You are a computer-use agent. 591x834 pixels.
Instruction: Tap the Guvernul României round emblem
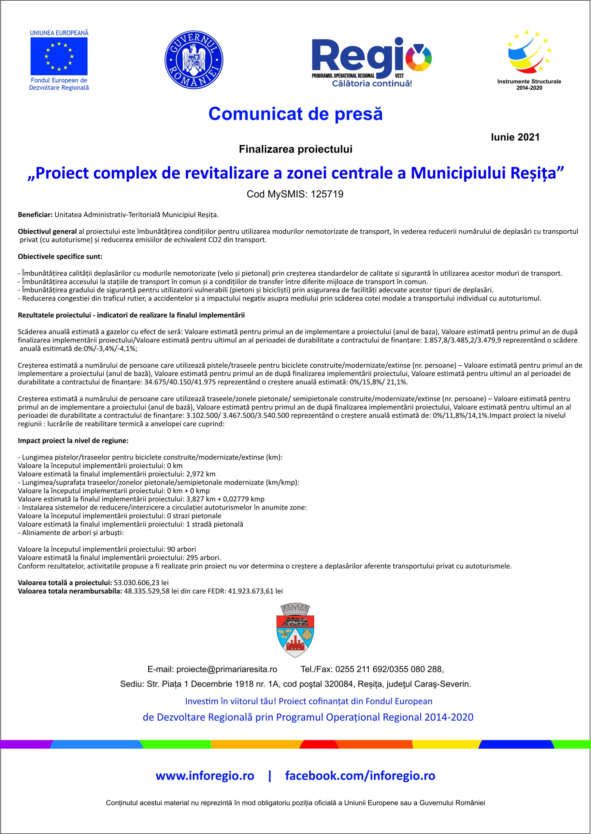coord(194,60)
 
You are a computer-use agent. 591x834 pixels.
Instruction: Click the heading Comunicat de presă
coord(295,114)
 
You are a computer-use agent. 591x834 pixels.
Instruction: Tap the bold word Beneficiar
coord(35,215)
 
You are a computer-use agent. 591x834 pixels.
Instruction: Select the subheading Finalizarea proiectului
coord(295,149)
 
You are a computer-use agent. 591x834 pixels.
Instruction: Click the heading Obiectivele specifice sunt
coord(60,256)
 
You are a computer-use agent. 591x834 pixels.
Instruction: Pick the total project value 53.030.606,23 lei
coord(141,582)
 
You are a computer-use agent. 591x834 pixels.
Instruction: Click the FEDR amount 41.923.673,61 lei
coord(255,591)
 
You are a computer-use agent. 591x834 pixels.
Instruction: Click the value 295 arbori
coord(203,558)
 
